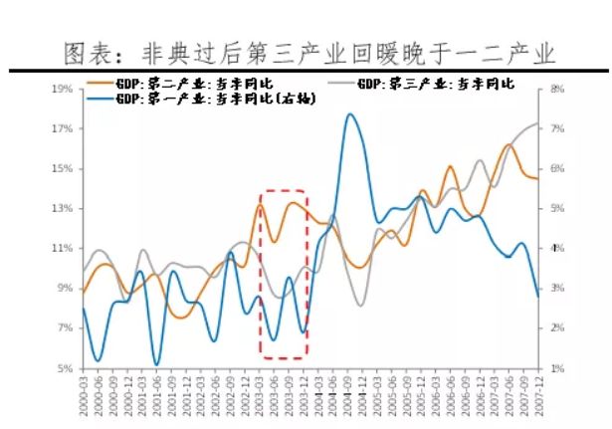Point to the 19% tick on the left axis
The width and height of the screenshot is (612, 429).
click(x=62, y=90)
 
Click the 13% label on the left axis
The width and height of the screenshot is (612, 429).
click(x=62, y=208)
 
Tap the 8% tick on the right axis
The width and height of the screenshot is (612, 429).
click(x=556, y=90)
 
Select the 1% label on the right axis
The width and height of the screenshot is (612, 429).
click(x=556, y=368)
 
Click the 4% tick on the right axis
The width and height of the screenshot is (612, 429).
click(x=556, y=248)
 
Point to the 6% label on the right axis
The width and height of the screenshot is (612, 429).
click(x=556, y=168)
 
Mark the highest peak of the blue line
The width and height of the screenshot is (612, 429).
click(x=349, y=114)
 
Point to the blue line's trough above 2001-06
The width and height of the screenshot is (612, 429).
click(x=156, y=364)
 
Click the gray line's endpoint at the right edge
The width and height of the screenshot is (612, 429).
click(x=538, y=123)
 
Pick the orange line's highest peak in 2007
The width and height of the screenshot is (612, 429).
click(x=509, y=144)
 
